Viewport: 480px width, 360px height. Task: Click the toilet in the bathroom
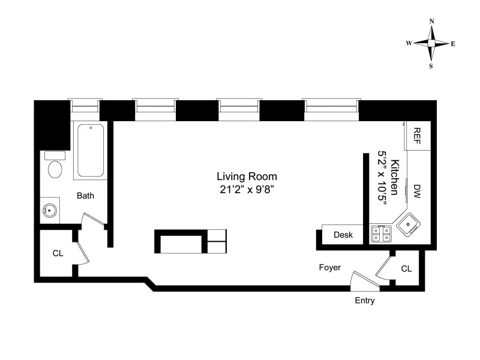pos(55,166)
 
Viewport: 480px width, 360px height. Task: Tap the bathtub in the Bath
pos(91,151)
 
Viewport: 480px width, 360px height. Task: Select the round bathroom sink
pos(49,211)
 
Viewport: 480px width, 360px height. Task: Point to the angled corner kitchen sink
pos(409,224)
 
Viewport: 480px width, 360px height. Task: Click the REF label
pos(417,136)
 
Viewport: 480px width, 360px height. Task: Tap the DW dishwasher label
pos(417,191)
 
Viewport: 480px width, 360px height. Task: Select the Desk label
pos(343,235)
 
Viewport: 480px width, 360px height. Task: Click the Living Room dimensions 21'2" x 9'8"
pos(247,190)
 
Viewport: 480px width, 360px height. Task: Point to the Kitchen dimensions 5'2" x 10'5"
pos(382,178)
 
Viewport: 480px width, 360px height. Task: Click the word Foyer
pos(329,267)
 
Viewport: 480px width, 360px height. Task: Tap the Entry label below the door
pos(365,301)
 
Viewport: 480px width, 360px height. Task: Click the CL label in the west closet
pos(58,253)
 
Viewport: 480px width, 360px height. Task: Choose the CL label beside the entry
pos(407,268)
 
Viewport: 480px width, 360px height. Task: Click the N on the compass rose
pos(431,21)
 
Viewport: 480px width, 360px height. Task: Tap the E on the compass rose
pos(453,44)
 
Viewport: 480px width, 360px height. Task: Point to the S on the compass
pos(431,66)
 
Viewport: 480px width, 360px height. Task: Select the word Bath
pos(85,196)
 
